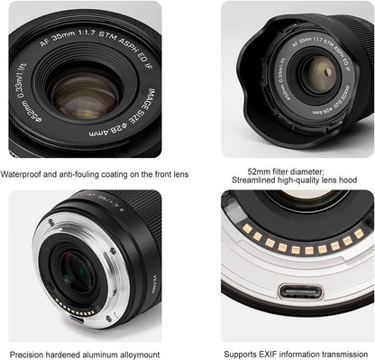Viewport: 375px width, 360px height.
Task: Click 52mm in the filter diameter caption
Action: pos(260,169)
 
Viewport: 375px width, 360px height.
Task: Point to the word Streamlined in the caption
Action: pos(258,180)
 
